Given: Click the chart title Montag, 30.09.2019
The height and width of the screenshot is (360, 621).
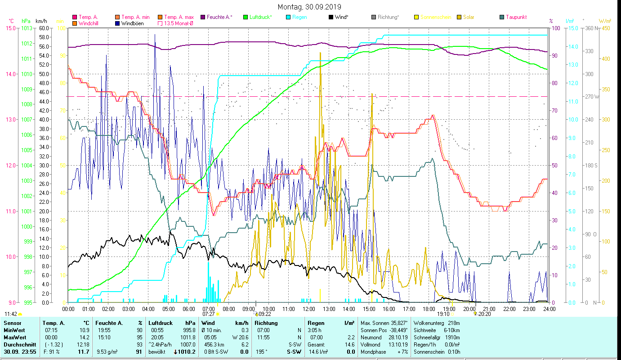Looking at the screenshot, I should coord(309,7).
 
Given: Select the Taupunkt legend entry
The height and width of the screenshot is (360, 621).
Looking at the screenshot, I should coord(516,17).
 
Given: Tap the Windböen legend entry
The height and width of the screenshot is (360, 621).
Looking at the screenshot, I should coord(132,23).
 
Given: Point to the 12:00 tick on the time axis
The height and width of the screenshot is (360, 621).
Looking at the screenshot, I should coord(309,309).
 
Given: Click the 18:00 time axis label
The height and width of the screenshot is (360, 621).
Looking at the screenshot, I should coord(429,309).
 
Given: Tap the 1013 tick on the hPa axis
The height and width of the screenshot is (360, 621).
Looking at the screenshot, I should coord(27,28).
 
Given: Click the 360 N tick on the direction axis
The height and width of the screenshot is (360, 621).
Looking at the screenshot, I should coord(591,28).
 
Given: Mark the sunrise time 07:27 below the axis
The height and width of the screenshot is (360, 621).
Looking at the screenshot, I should coord(209,314).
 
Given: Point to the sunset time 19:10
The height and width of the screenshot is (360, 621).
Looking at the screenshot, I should coord(443,314).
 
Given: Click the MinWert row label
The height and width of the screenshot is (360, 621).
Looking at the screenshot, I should coord(14,331).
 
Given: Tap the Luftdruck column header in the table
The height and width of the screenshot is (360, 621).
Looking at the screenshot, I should coord(160,323).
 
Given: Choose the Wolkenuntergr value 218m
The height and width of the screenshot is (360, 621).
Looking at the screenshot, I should coord(451,323).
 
